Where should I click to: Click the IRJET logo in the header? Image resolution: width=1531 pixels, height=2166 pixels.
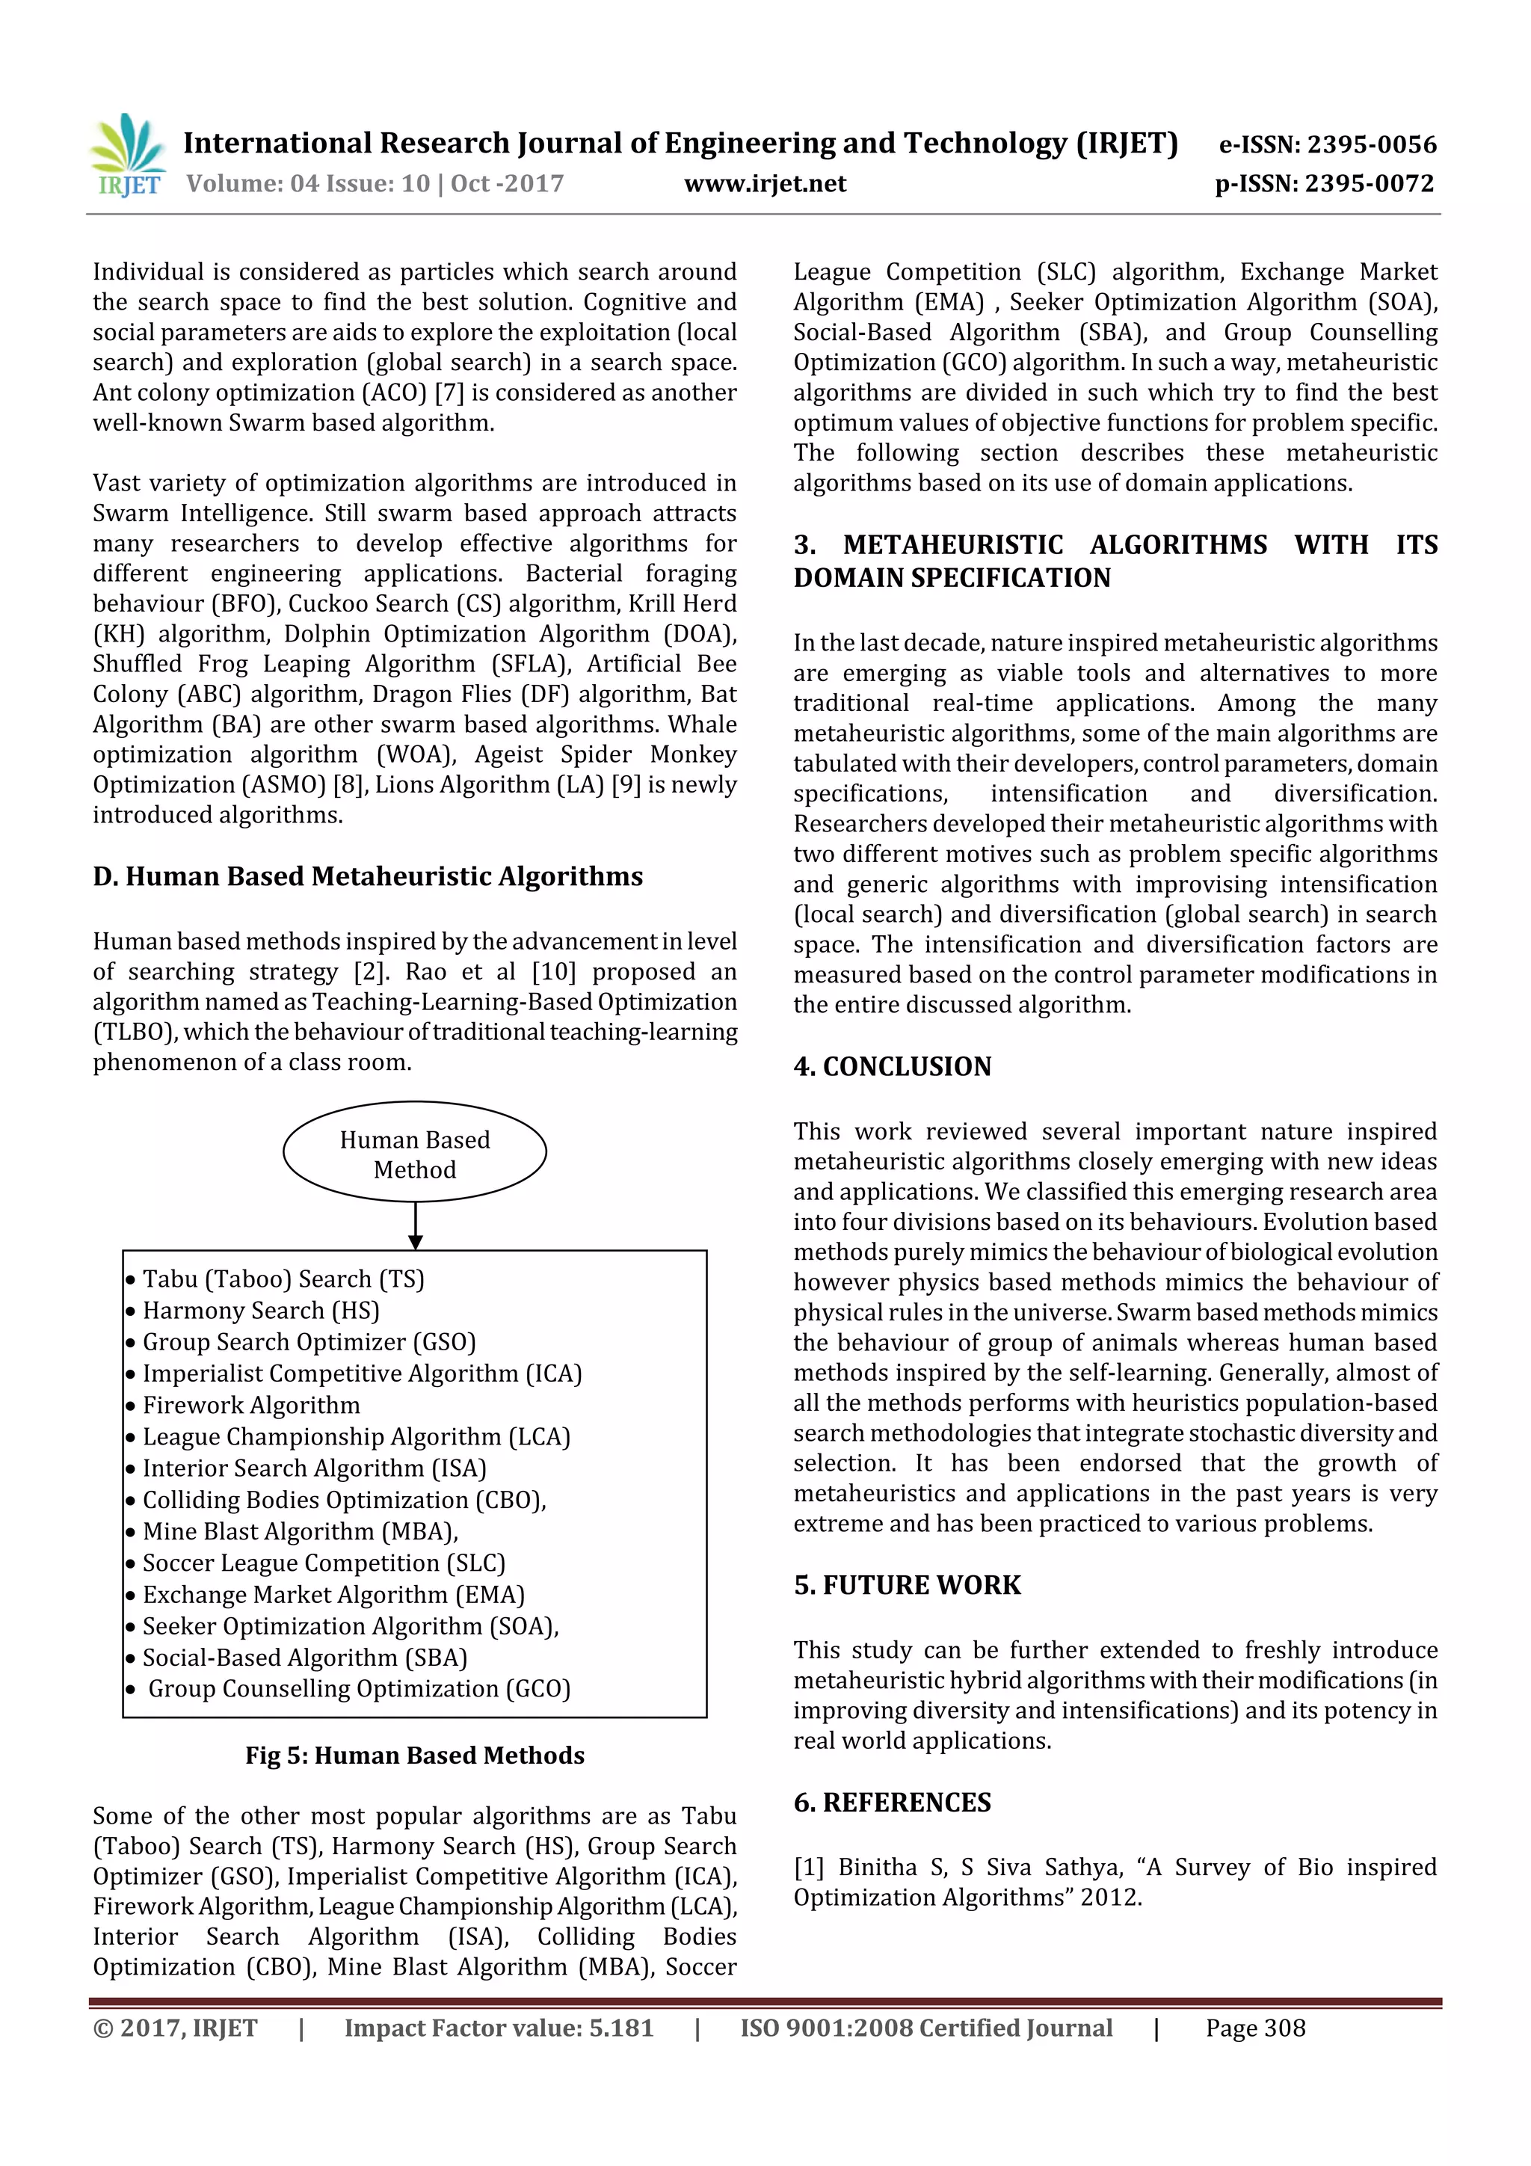coord(129,156)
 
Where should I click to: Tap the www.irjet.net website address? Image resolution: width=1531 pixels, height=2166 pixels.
coord(765,183)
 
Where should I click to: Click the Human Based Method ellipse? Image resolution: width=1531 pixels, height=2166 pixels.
coord(414,1153)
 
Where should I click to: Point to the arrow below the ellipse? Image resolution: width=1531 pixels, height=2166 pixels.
coord(415,1225)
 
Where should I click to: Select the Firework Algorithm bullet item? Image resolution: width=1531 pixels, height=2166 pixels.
coord(251,1405)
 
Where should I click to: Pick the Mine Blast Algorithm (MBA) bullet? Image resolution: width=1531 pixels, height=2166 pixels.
coord(300,1531)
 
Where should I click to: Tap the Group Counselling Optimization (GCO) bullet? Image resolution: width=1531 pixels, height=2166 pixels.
coord(359,1689)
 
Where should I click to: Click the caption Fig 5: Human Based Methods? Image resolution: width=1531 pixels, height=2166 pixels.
coord(414,1755)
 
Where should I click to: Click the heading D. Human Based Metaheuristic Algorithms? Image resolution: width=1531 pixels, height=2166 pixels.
coord(367,876)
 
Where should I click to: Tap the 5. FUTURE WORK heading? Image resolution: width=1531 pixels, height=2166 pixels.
coord(907,1585)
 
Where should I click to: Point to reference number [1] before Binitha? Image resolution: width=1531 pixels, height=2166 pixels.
coord(808,1867)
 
